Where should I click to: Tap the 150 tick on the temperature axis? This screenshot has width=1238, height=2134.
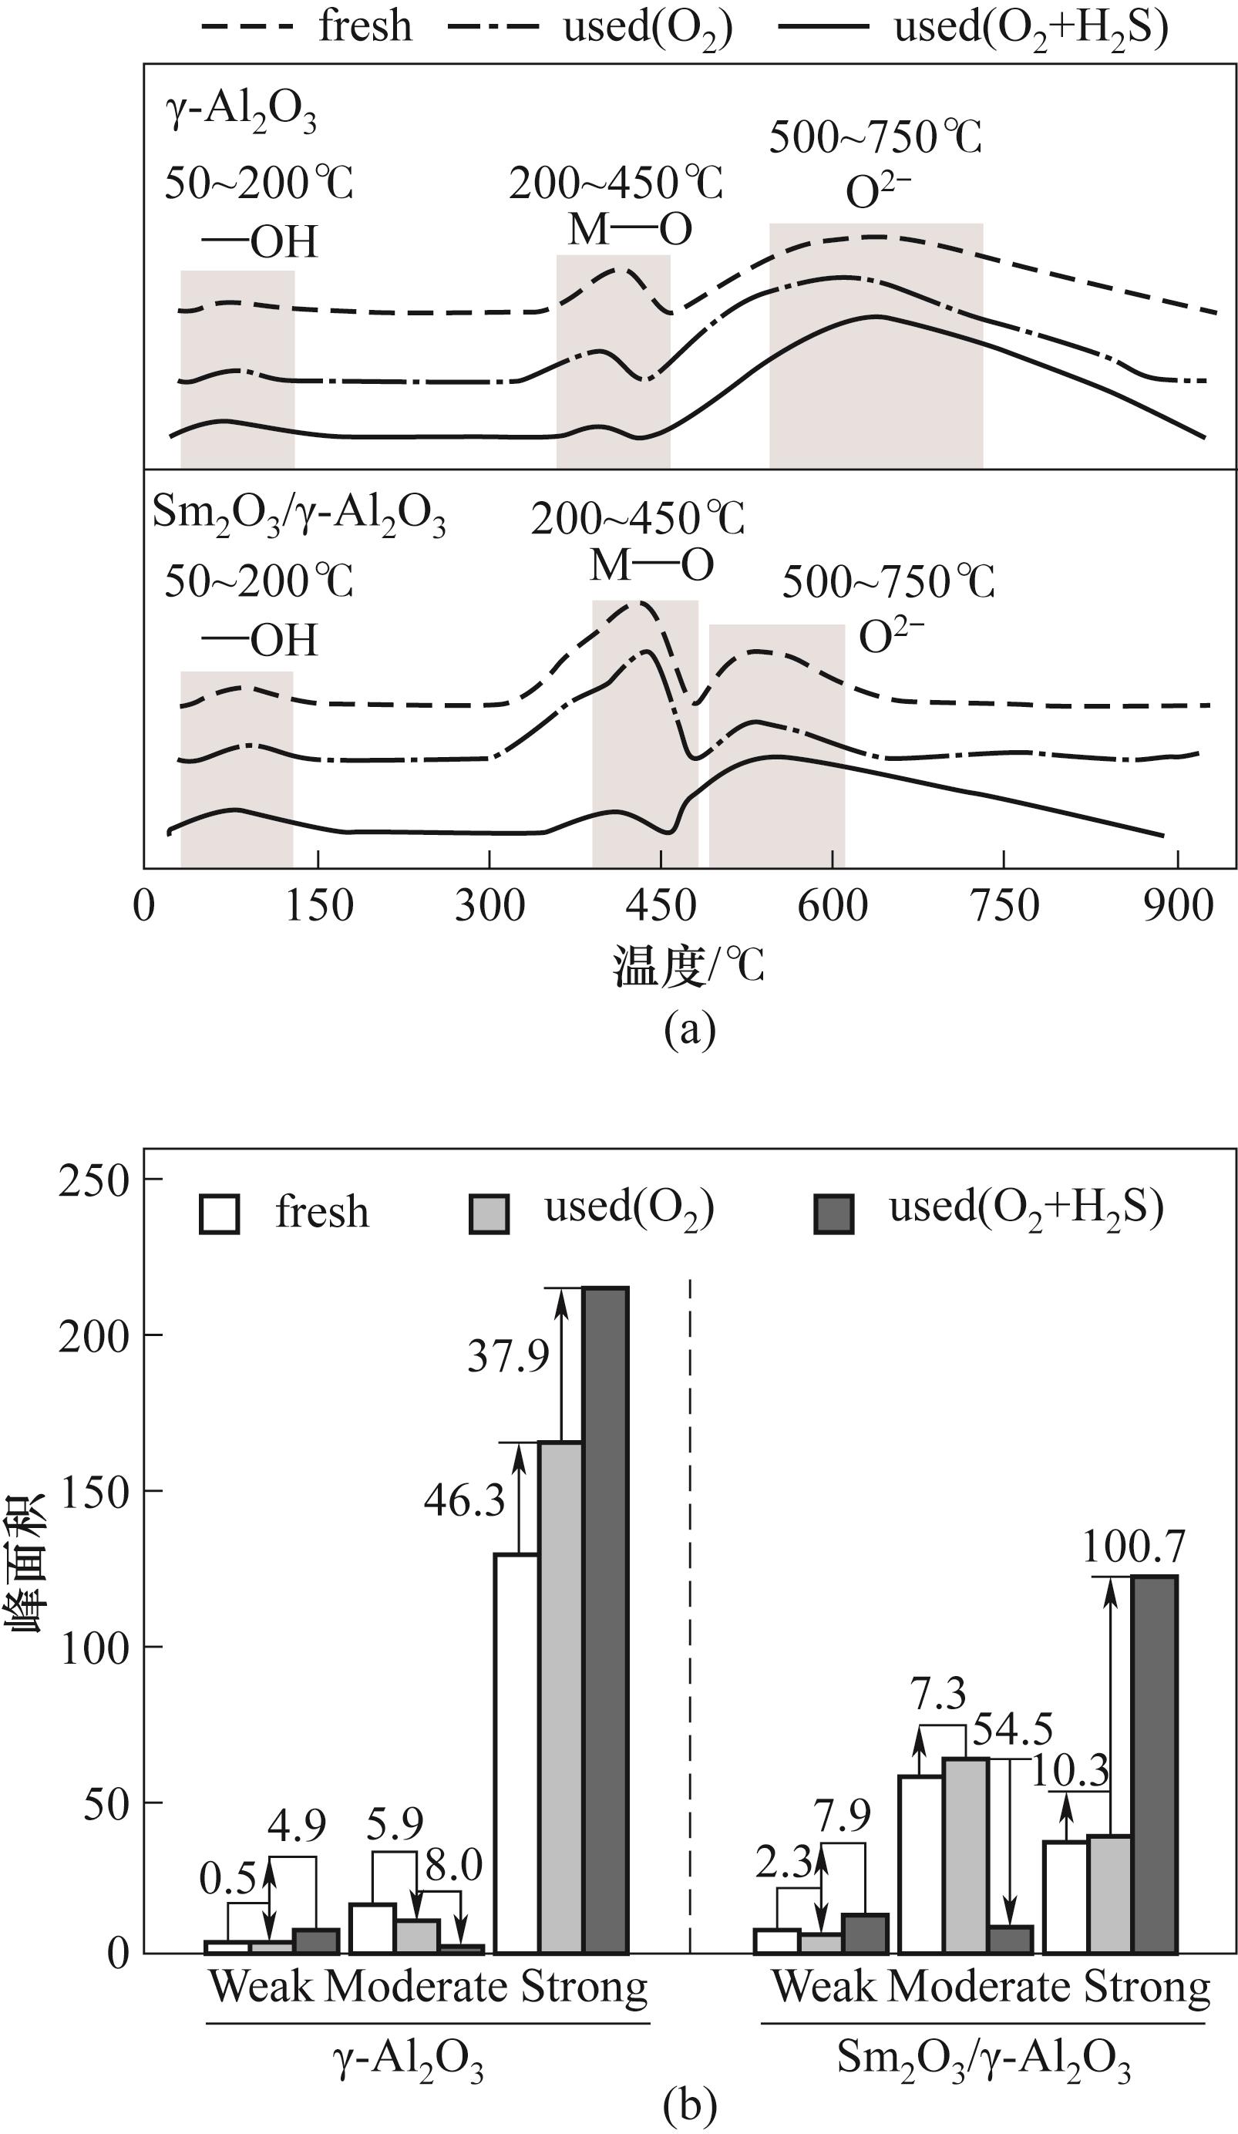point(318,907)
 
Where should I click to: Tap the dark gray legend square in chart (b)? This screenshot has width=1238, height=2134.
point(833,1214)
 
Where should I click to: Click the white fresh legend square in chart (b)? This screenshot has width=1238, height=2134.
point(220,1214)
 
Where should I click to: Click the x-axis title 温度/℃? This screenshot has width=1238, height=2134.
point(688,966)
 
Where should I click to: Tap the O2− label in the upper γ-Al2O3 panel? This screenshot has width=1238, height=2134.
point(878,192)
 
